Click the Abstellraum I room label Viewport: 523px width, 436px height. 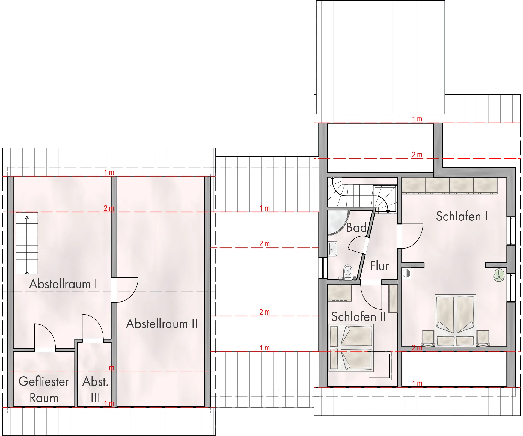(63, 284)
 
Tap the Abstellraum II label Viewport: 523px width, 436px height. (162, 324)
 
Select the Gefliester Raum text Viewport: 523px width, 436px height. (44, 389)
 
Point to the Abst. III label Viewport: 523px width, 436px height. (96, 389)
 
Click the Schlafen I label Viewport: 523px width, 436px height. (462, 216)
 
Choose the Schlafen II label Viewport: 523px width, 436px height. (358, 317)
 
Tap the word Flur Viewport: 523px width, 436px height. (379, 266)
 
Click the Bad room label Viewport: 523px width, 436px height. (356, 228)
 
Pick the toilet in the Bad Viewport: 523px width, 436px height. (347, 272)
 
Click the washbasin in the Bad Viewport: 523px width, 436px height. (332, 249)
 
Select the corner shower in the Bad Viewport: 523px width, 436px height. (338, 222)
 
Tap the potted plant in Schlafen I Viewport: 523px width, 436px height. (499, 275)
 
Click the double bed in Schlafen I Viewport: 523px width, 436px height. (455, 320)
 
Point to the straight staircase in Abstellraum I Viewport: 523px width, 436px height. (27, 243)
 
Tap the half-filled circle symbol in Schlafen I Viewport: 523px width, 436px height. (406, 273)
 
